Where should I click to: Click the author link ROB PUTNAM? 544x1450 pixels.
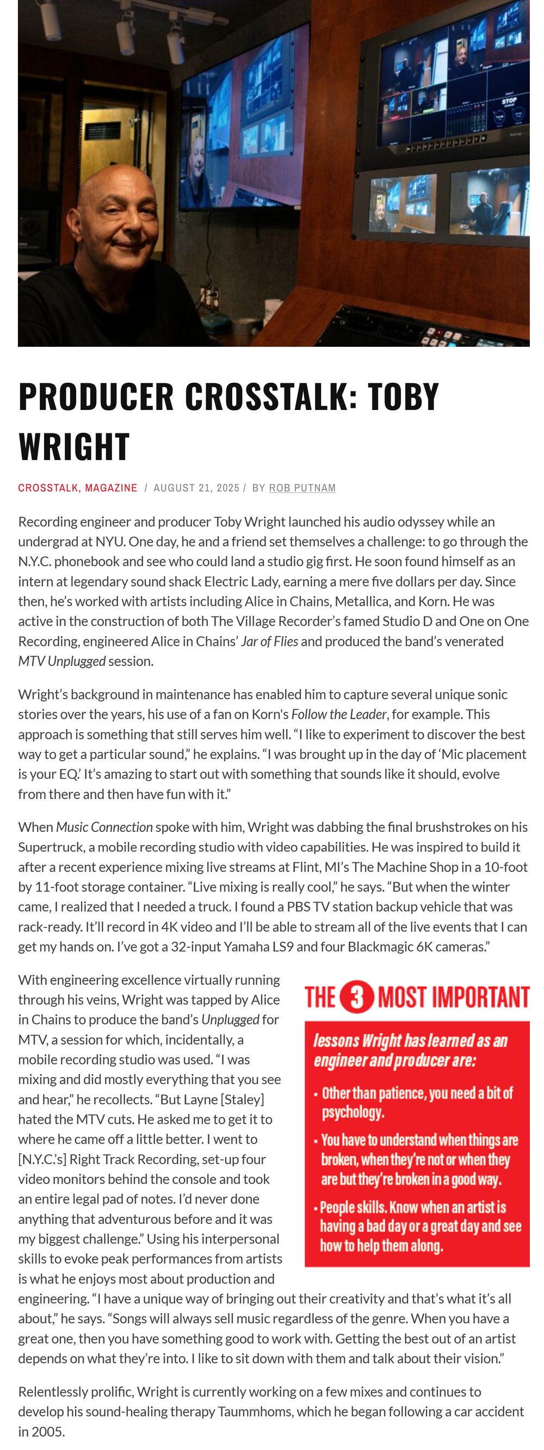click(x=302, y=488)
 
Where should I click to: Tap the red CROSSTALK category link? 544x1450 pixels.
click(x=48, y=488)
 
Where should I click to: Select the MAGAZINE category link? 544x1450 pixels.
click(x=111, y=488)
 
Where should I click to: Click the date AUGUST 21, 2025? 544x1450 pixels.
click(x=196, y=488)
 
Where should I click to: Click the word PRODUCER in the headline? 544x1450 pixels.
click(x=96, y=396)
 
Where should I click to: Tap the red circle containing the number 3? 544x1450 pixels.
click(x=357, y=997)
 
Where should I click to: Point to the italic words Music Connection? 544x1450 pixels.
click(x=104, y=827)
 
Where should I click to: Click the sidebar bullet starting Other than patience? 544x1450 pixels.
click(x=416, y=1102)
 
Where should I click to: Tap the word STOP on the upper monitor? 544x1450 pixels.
click(x=509, y=101)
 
